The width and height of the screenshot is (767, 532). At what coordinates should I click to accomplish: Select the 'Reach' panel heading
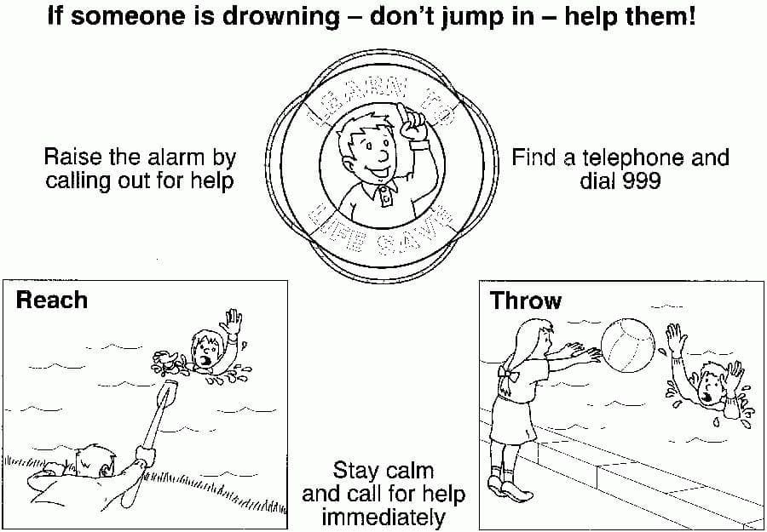52,300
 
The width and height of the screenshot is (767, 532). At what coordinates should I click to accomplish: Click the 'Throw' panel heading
526,300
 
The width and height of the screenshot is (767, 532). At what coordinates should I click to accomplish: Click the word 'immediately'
383,517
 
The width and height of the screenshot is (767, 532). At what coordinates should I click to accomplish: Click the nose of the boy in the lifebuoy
384,155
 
